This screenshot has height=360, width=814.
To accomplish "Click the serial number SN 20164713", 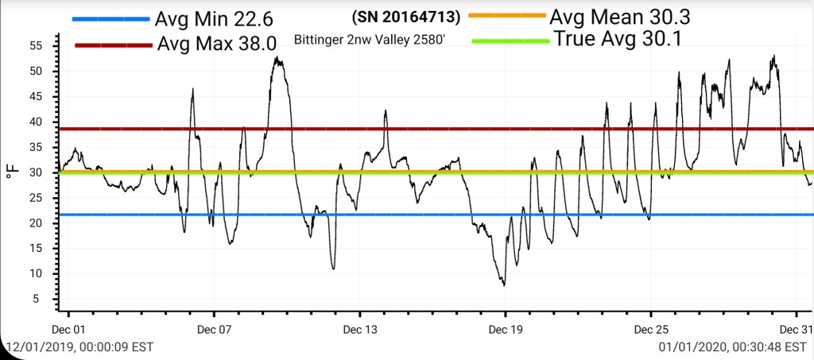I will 405,16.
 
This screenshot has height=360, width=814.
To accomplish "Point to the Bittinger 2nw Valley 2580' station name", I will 369,38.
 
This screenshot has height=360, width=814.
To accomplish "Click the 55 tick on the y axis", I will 35,46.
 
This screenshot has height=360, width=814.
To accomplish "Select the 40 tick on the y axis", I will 35,122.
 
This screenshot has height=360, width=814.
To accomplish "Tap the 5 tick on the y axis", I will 38,299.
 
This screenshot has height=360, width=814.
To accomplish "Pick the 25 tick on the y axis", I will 35,198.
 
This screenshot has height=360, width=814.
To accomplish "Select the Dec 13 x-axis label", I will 359,328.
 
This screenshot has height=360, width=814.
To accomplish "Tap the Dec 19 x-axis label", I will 505,328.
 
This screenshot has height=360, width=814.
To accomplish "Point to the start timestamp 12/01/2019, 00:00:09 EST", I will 79,347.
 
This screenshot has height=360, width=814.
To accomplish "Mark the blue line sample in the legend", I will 110,19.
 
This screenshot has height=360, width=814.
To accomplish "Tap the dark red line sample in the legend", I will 113,45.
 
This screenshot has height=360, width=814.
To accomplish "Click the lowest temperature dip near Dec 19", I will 504,285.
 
